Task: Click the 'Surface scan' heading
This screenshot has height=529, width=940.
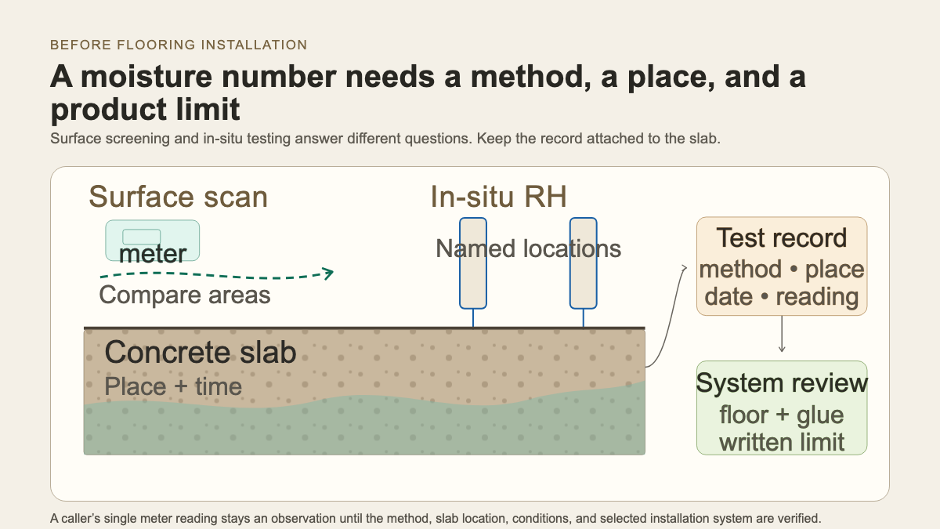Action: (179, 197)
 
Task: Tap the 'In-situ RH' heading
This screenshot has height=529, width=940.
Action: (498, 197)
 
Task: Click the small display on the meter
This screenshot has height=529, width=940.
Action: (142, 237)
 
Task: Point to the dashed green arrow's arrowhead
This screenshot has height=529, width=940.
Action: (327, 274)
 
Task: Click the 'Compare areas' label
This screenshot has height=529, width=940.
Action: (185, 295)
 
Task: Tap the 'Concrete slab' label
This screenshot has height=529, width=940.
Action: (201, 352)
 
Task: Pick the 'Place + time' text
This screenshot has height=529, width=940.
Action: (173, 386)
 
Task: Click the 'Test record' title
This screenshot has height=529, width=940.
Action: (782, 238)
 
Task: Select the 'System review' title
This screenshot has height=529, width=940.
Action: (782, 383)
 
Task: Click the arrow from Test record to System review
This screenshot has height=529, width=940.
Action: (782, 334)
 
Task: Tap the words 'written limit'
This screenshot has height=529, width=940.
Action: (782, 443)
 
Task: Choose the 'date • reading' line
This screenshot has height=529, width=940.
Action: (782, 297)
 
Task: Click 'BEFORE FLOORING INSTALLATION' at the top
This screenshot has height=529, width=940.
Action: (179, 45)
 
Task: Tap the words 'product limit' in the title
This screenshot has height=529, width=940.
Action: (145, 110)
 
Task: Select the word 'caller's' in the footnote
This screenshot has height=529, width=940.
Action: (81, 519)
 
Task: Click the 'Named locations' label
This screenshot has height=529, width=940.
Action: (528, 248)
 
